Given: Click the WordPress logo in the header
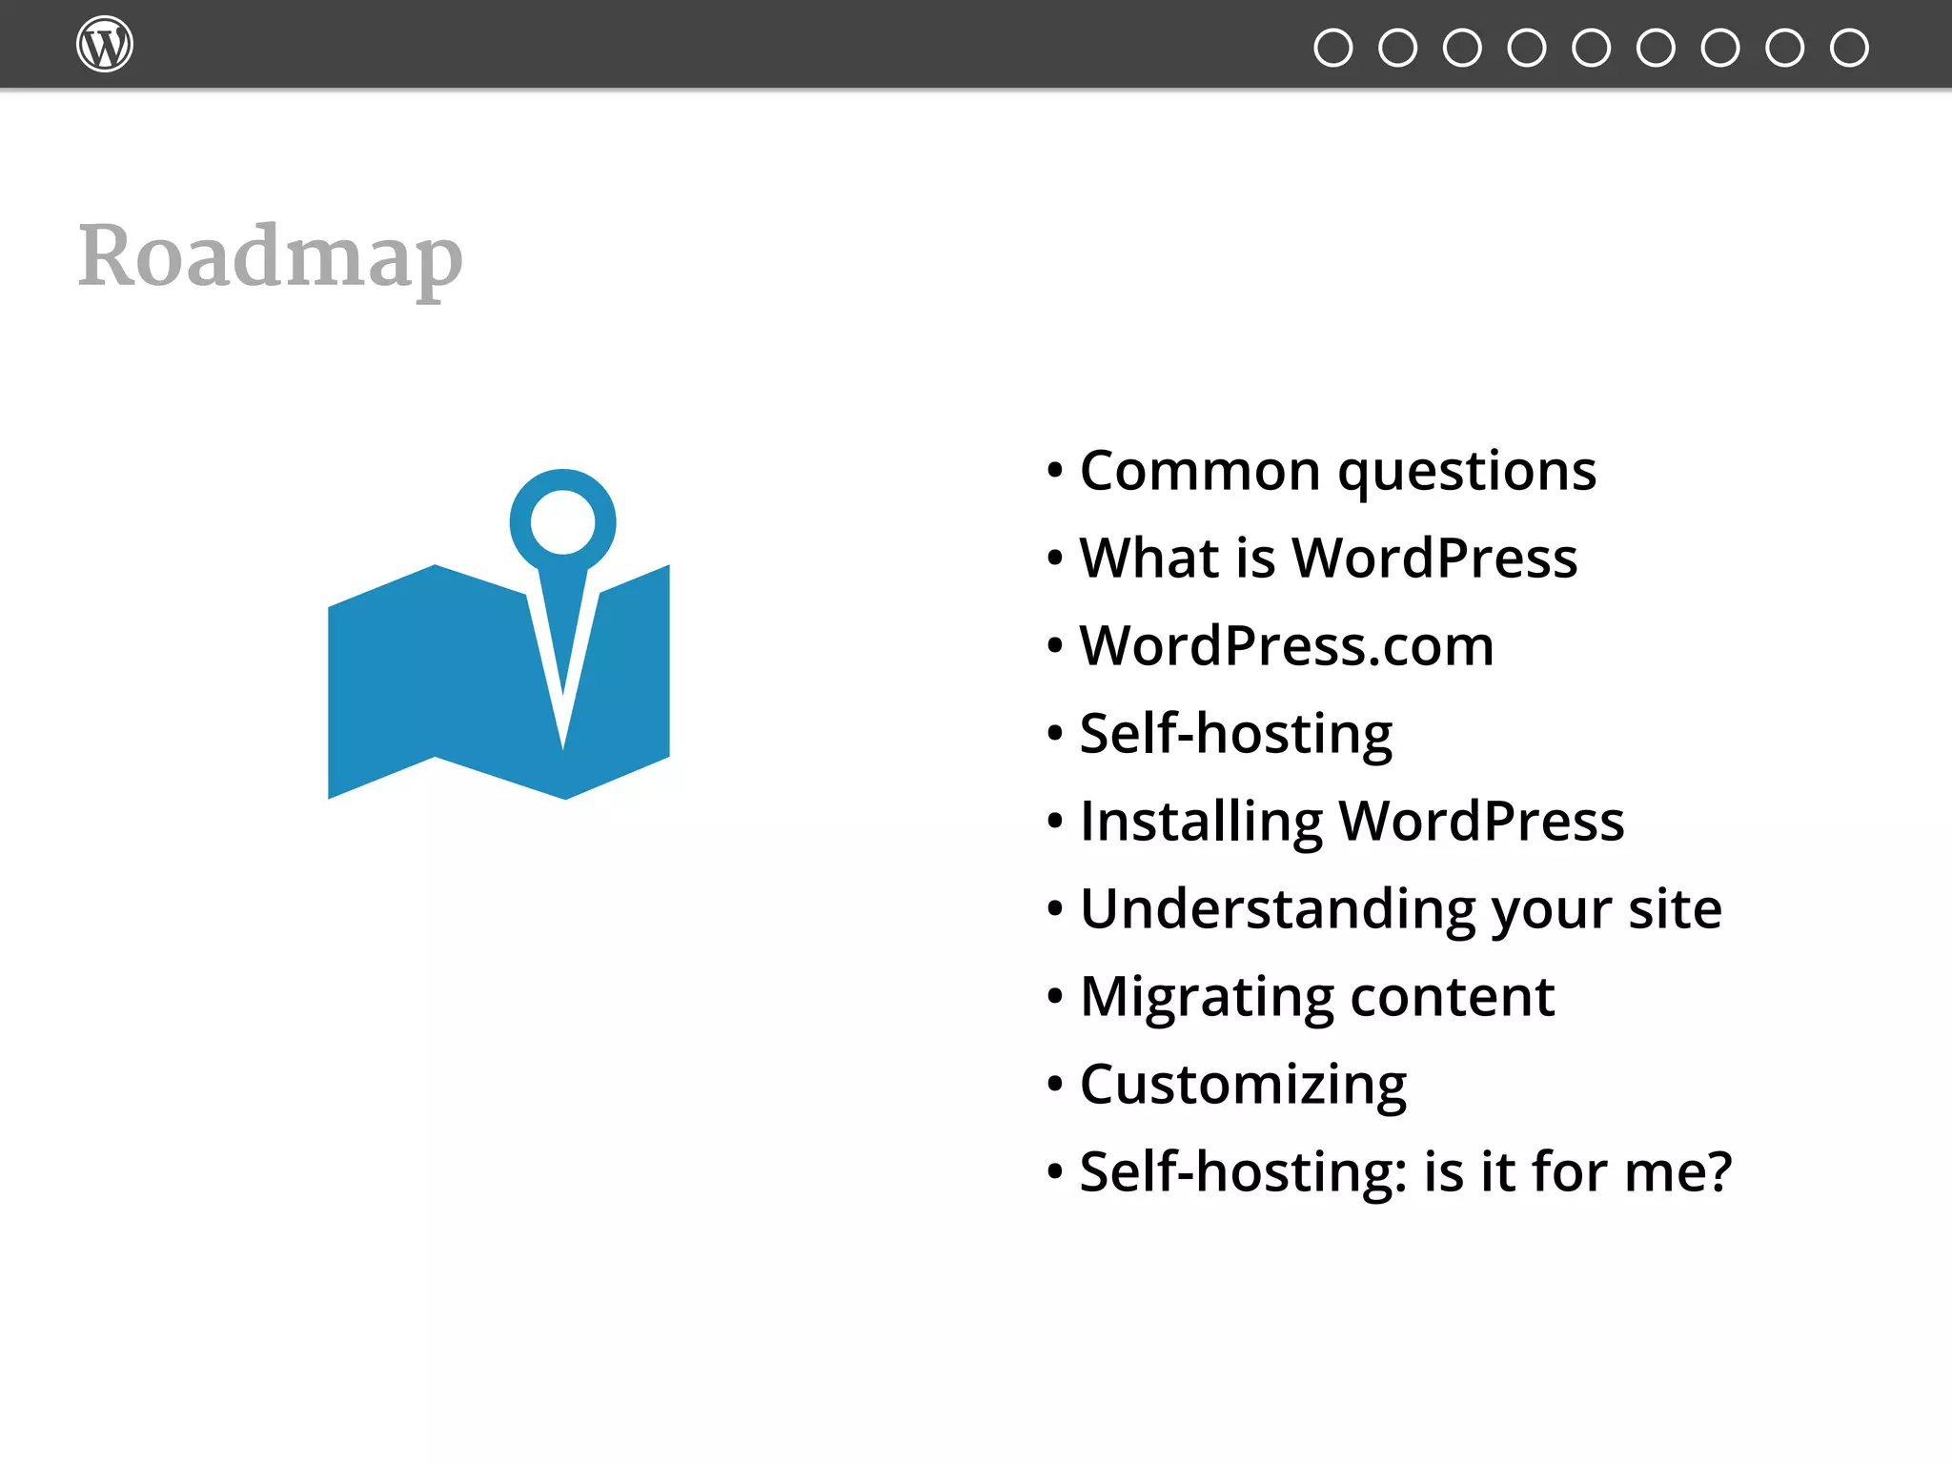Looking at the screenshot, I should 104,45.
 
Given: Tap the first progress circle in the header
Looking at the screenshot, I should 1332,48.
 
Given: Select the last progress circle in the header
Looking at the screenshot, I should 1849,48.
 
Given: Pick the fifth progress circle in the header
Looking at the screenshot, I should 1591,48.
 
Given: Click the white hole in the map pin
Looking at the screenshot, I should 562,521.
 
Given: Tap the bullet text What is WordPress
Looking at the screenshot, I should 1328,559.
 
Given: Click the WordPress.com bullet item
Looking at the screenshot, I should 1286,646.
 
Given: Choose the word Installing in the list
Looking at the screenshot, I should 1201,822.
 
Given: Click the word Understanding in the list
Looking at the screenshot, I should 1277,909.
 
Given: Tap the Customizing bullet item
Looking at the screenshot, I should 1242,1086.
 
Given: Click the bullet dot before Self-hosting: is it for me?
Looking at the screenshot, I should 1054,1171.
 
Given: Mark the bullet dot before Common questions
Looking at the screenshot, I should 1054,471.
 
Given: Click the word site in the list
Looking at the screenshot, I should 1675,909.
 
